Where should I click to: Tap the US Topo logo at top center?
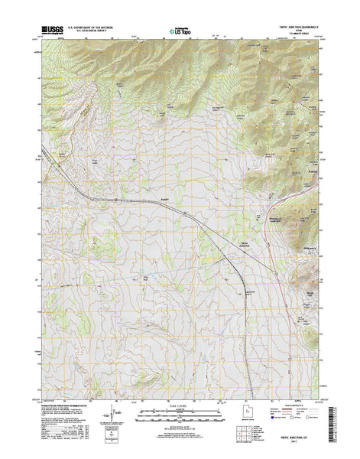180,32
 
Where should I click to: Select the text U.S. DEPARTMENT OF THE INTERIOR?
91,28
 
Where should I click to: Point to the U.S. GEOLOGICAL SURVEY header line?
91,32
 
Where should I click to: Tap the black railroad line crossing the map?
191,214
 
